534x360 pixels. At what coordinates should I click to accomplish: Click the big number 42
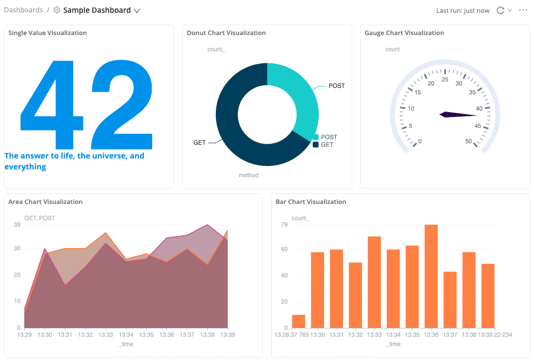86,104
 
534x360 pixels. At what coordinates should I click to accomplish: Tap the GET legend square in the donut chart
316,145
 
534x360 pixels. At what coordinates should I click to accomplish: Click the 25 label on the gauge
445,80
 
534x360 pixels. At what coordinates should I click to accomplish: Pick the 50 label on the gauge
468,141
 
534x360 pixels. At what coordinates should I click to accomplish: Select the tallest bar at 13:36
431,276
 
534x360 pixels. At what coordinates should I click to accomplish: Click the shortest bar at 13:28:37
298,321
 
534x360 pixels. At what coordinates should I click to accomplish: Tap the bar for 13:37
450,300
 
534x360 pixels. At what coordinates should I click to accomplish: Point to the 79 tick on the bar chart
284,225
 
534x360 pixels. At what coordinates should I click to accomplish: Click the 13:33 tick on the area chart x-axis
106,335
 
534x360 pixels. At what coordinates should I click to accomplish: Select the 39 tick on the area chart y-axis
17,225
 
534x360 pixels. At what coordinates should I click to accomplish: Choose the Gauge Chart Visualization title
404,33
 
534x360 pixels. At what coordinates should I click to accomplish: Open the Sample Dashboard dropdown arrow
137,10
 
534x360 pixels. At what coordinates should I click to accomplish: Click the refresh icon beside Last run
500,10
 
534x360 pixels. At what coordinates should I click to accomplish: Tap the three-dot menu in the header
523,10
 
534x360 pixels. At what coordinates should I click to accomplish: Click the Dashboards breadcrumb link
23,10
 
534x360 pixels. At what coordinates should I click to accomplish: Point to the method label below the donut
248,175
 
